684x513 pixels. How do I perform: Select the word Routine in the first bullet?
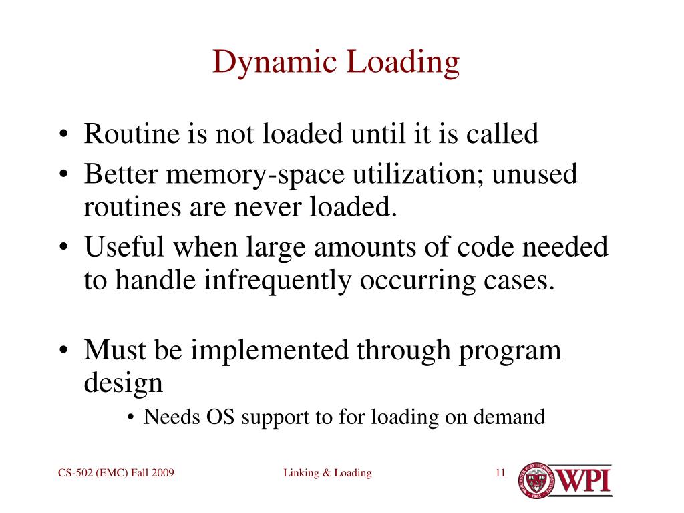coord(130,134)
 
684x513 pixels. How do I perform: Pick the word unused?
coord(534,175)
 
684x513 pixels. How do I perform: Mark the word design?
coord(124,383)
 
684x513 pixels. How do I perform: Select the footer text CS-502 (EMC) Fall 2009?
coord(116,473)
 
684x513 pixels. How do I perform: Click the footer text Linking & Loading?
coord(327,473)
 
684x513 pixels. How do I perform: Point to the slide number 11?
coord(500,473)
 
